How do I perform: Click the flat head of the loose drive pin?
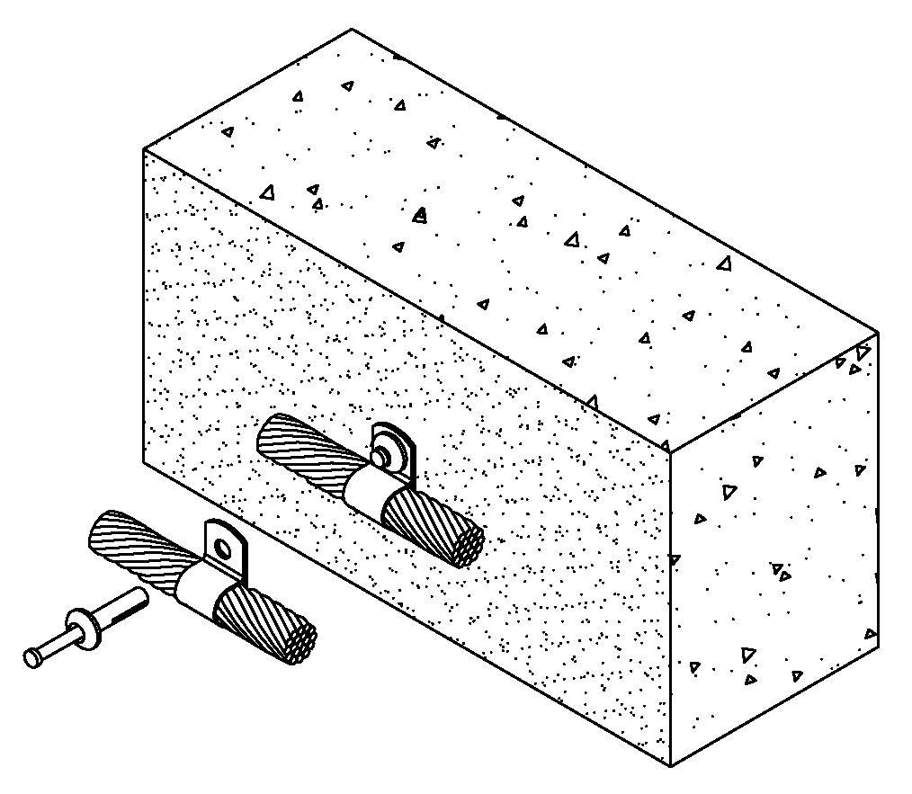31,658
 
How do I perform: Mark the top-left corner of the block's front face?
144,149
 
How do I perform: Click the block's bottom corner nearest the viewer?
671,766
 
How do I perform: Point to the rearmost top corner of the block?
352,29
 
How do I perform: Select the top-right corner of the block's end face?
878,334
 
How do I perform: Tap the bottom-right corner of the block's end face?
878,644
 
